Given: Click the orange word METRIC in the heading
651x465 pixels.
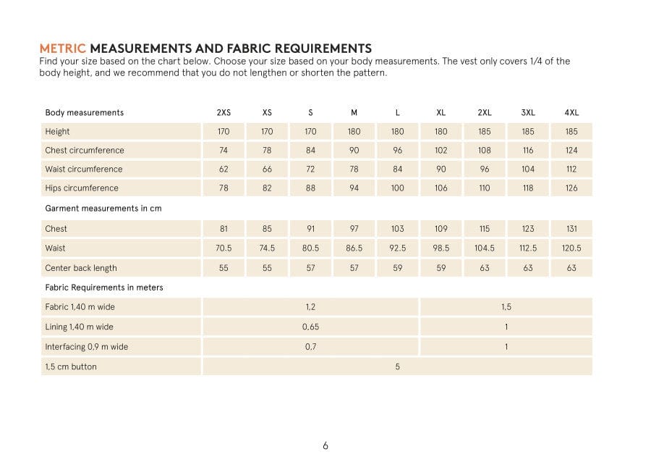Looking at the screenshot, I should [62, 49].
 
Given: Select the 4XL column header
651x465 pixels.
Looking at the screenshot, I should [571, 112].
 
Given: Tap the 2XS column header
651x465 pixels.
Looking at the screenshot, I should [224, 112].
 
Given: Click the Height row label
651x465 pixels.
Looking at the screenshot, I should [58, 132].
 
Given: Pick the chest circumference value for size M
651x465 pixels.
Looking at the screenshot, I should [354, 151].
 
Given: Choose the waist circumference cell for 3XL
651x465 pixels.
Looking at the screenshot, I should [528, 169].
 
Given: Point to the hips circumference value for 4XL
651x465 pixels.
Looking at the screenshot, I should [571, 188].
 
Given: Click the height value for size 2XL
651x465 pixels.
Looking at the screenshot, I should [485, 132].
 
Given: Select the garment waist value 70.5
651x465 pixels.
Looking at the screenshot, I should [224, 248].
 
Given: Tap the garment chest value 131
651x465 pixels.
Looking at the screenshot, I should [571, 229].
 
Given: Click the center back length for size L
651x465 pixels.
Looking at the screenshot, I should [398, 268].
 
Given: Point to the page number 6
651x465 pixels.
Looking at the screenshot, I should [325, 445].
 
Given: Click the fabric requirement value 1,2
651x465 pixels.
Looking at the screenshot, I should [310, 307].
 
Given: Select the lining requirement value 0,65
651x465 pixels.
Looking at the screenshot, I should [310, 327].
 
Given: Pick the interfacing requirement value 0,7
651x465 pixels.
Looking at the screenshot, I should [310, 347].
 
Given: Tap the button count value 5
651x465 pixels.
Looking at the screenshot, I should [398, 366].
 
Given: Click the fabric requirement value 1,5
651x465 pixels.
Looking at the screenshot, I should [506, 307].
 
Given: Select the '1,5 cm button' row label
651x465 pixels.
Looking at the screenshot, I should [71, 366].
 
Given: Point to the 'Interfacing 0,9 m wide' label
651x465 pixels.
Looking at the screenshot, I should [86, 347].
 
